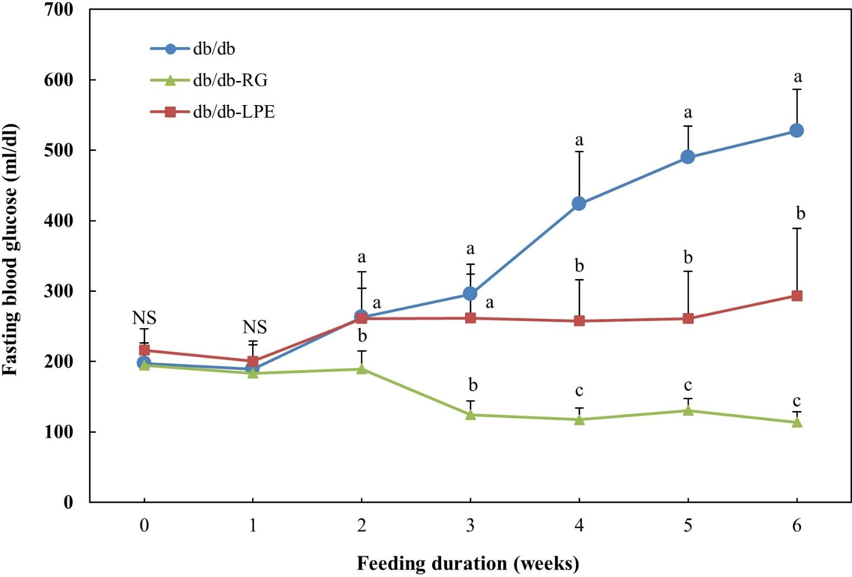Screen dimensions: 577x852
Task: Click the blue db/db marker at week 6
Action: (797, 130)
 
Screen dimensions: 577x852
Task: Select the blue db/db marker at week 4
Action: (579, 204)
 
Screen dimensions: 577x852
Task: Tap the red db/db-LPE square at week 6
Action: (797, 296)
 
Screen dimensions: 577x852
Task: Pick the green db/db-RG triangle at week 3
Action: (470, 415)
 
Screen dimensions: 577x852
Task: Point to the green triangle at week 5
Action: (688, 411)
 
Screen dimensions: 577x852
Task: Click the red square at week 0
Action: (144, 350)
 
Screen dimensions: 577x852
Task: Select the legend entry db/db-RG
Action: (230, 81)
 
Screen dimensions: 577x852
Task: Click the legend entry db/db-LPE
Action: (234, 112)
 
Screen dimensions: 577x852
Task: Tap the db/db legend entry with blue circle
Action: (214, 49)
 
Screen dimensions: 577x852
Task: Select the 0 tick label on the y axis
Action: (68, 502)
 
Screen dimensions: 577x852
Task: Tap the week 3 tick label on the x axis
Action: (470, 526)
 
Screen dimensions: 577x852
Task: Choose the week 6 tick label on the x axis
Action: (797, 526)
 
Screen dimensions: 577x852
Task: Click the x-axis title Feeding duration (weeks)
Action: (468, 562)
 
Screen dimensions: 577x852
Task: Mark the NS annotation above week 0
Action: (144, 318)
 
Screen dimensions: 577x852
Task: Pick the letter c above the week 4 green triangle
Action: (579, 391)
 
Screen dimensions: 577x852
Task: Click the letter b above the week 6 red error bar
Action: (801, 214)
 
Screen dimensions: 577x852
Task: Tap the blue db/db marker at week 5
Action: (688, 157)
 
